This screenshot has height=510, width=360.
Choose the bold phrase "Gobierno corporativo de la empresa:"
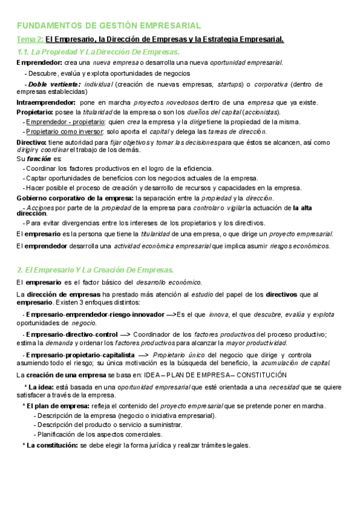(75, 198)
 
